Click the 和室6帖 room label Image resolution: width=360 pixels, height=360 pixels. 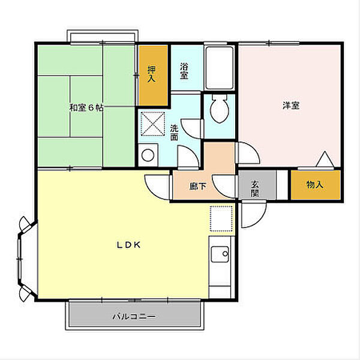point(86,107)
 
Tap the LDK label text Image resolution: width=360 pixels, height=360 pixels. point(128,245)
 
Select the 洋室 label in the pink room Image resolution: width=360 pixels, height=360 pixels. point(291,106)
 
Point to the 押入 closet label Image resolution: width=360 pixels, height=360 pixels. point(152,74)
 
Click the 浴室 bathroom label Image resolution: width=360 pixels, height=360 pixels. point(184,71)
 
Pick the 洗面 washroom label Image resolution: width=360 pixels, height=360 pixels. point(174,133)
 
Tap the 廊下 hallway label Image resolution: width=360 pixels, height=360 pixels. point(197,186)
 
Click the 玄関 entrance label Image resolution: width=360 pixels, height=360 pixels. point(254,189)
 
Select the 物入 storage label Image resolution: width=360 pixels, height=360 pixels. point(315,184)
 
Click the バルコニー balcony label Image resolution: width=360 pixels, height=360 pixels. point(134,317)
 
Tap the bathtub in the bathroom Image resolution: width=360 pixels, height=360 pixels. point(219,68)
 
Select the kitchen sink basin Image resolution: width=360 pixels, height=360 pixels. point(220,254)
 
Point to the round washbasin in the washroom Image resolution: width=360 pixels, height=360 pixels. point(148,155)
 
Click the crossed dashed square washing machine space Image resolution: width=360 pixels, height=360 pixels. point(152,124)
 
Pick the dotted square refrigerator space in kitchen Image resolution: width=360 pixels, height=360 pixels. point(221,219)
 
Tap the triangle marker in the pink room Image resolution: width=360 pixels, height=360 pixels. point(325,159)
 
